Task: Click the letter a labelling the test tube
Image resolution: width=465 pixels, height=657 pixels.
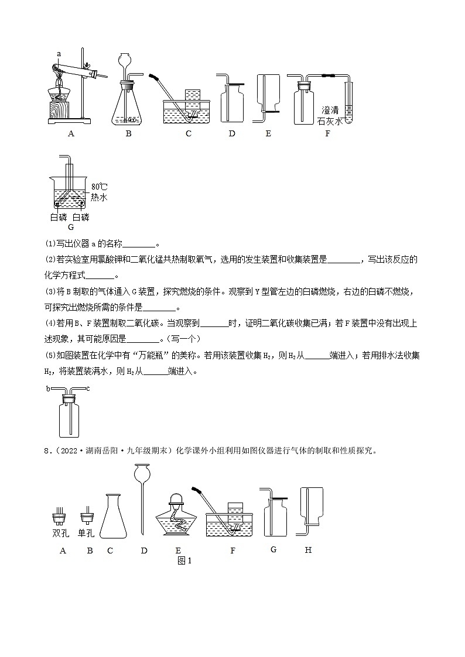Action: tap(59, 54)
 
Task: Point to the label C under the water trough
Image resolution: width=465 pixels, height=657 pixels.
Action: tap(189, 133)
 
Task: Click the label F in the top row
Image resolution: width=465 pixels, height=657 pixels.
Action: tap(327, 133)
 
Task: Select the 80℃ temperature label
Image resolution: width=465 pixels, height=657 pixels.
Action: tap(99, 187)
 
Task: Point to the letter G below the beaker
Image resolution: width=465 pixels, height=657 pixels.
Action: tap(71, 227)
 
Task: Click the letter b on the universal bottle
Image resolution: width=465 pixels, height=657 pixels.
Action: tap(48, 388)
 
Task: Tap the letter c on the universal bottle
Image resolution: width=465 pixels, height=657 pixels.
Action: tap(88, 388)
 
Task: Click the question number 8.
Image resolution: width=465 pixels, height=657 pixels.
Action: tap(49, 450)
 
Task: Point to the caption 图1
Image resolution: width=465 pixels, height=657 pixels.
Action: tap(184, 560)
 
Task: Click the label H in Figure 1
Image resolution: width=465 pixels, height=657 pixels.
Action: tap(308, 550)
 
